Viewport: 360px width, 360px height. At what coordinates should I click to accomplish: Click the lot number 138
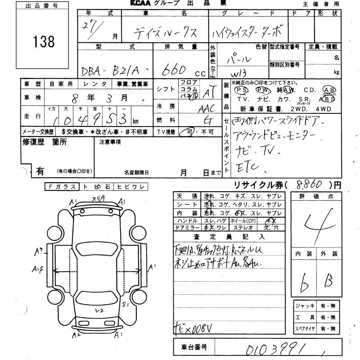[x=44, y=42]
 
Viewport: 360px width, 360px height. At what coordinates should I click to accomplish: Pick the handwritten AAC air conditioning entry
[x=207, y=108]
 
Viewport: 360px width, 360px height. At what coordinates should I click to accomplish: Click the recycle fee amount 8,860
[x=310, y=184]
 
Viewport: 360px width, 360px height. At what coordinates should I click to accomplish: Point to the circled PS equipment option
[x=241, y=89]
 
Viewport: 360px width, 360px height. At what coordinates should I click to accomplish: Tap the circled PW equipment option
[x=264, y=89]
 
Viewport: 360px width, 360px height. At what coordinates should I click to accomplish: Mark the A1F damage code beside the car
[x=37, y=270]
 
